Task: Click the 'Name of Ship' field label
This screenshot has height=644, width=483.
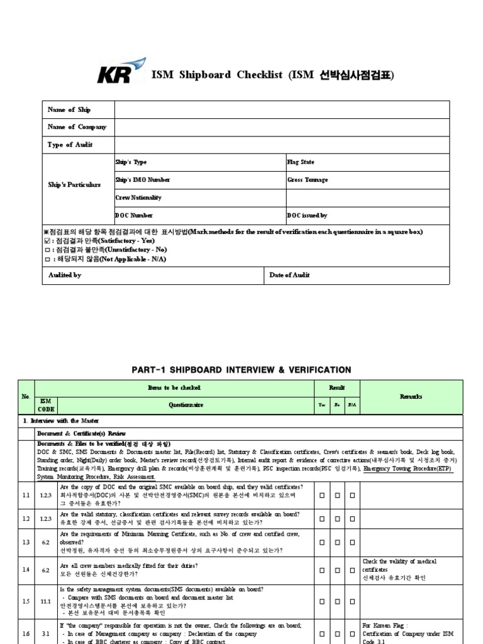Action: [x=69, y=110]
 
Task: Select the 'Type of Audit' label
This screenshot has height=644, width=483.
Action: [x=70, y=145]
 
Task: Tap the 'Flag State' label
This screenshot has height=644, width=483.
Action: [x=301, y=162]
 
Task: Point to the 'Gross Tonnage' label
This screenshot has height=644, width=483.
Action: [x=308, y=180]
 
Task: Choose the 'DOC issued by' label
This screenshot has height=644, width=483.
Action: [x=307, y=216]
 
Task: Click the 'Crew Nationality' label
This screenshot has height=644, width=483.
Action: [x=138, y=197]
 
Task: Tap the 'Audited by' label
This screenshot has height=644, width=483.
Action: [x=65, y=275]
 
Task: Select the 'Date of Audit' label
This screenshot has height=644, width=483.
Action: [x=289, y=275]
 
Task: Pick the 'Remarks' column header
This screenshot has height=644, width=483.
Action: [x=411, y=397]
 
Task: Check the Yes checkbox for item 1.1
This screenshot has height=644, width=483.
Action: [x=322, y=496]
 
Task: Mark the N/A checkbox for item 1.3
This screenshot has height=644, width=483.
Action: [x=352, y=541]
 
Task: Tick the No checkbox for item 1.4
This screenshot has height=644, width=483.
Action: [x=337, y=570]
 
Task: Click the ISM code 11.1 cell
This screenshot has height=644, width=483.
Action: [x=46, y=601]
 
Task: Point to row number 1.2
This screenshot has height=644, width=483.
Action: [x=26, y=518]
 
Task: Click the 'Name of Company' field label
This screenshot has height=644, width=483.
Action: [x=77, y=127]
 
